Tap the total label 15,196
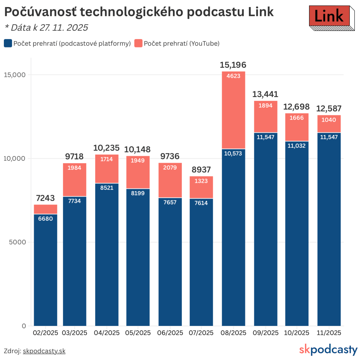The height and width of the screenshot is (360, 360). pyautogui.click(x=233, y=65)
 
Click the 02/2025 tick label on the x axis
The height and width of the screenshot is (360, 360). pyautogui.click(x=45, y=333)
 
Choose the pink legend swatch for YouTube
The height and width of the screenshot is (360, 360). pyautogui.click(x=139, y=43)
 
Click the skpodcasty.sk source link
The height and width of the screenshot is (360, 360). pyautogui.click(x=44, y=351)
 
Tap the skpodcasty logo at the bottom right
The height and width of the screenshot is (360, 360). pyautogui.click(x=328, y=350)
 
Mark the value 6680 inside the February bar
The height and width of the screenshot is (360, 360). pyautogui.click(x=45, y=219)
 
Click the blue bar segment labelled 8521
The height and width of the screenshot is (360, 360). pyautogui.click(x=107, y=246)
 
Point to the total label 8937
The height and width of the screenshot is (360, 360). pyautogui.click(x=201, y=170)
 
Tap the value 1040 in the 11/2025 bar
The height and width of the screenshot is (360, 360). pyautogui.click(x=329, y=120)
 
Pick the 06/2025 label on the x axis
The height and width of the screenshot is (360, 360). pyautogui.click(x=171, y=333)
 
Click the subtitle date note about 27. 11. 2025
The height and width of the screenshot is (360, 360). pyautogui.click(x=46, y=27)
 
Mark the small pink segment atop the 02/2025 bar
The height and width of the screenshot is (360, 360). pyautogui.click(x=45, y=209)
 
